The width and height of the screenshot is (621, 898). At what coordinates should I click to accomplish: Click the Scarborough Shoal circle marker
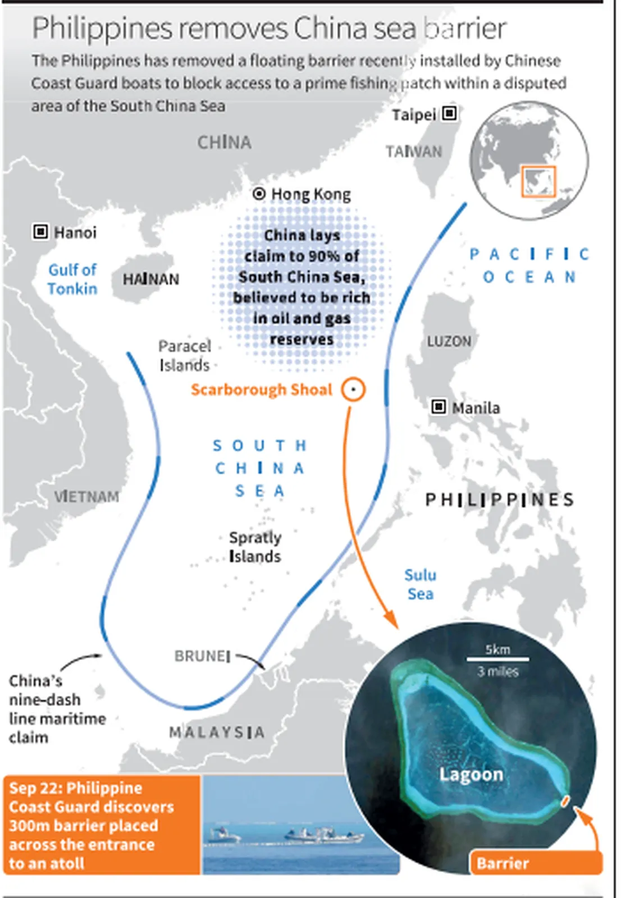coord(353,389)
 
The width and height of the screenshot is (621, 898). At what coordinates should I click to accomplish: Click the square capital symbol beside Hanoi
coord(40,231)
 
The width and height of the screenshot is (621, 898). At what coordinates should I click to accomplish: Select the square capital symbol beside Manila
coord(439,406)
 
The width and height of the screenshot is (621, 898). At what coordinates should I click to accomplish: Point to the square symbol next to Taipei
coord(449,113)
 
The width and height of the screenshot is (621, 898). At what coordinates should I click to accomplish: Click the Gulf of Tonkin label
coord(72,279)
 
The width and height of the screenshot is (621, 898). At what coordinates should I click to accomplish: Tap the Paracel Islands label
coord(184,355)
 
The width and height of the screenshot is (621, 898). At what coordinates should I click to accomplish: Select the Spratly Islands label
coord(255,547)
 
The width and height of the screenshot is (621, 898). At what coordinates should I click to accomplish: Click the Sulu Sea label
coord(420,584)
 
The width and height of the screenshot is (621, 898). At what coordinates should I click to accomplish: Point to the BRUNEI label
coord(202,656)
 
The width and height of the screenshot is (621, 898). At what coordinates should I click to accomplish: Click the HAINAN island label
coord(150,279)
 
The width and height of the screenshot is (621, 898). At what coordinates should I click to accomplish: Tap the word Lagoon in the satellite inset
coord(471,775)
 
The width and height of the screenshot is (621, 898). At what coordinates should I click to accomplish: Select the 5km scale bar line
coord(497,659)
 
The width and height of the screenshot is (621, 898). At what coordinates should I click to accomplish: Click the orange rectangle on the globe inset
coord(538,181)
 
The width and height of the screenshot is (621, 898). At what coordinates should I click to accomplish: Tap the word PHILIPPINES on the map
coord(500,500)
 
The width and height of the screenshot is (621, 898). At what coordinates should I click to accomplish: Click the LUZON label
coord(449,341)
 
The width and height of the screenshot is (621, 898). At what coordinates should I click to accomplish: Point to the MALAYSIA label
coord(217,732)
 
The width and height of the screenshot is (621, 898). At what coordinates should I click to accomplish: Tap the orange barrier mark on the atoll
coord(565,801)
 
